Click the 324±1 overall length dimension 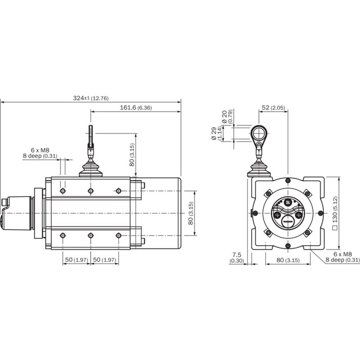pyautogui.click(x=91, y=98)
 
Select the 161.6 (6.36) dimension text pyautogui.click(x=136, y=108)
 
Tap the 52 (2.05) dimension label pyautogui.click(x=273, y=108)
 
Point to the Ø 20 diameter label pyautogui.click(x=228, y=117)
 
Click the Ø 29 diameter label pyautogui.click(x=217, y=133)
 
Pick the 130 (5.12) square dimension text pyautogui.click(x=335, y=213)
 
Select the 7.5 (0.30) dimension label pyautogui.click(x=237, y=257)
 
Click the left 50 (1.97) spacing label pyautogui.click(x=76, y=260)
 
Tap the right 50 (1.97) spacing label pyautogui.click(x=104, y=260)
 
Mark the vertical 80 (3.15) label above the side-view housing pyautogui.click(x=132, y=155)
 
